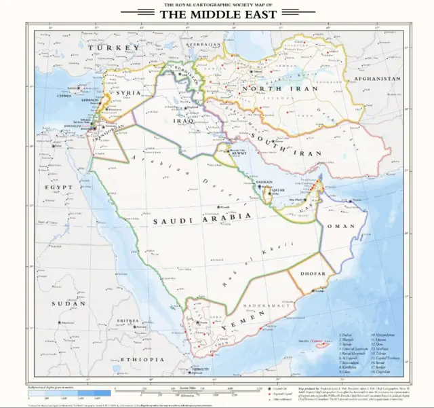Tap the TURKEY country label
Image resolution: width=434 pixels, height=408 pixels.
coord(117,48)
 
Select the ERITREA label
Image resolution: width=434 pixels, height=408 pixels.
coord(128,320)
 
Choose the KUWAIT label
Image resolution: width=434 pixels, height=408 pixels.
coord(239,154)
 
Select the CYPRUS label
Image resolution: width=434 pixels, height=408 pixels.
coord(64,96)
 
